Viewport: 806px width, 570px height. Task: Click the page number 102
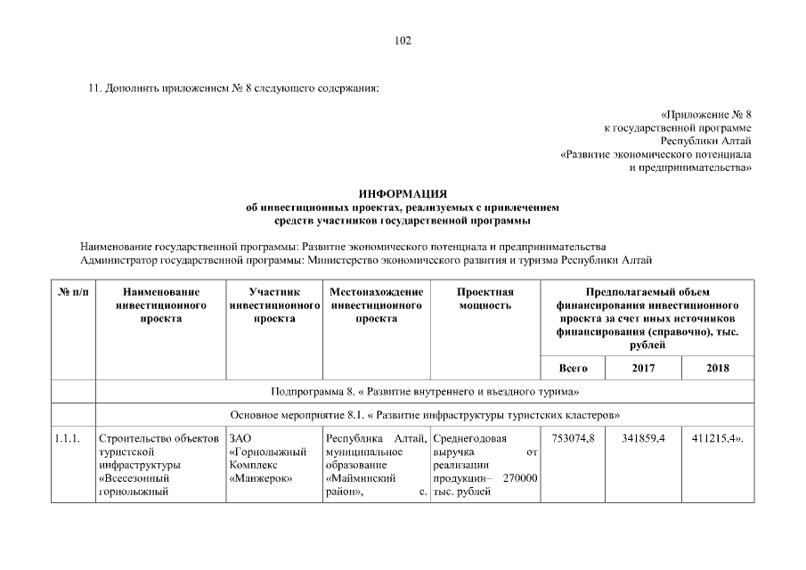pyautogui.click(x=403, y=40)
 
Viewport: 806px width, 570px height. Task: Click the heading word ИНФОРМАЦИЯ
pyautogui.click(x=403, y=194)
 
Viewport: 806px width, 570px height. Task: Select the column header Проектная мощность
pyautogui.click(x=485, y=298)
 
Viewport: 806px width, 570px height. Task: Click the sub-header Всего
pyautogui.click(x=573, y=368)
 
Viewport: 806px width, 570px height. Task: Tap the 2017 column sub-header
pyautogui.click(x=642, y=368)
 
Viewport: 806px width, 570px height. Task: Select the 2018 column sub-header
pyautogui.click(x=718, y=368)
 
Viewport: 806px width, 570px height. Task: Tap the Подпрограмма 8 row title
pyautogui.click(x=425, y=392)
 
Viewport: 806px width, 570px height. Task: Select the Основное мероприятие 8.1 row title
pyautogui.click(x=425, y=415)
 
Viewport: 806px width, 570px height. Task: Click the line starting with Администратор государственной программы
pyautogui.click(x=366, y=260)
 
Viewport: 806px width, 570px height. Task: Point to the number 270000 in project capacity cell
pyautogui.click(x=520, y=478)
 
